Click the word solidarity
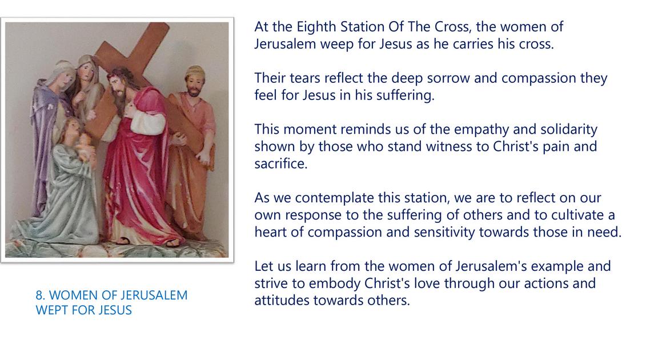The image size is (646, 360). pos(568,130)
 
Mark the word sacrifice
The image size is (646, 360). pos(280,163)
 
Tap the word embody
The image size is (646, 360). pos(335,283)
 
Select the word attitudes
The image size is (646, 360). pos(282,300)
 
